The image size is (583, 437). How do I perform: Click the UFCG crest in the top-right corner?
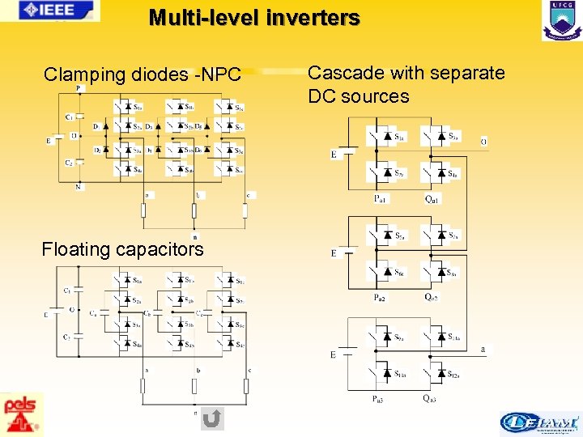pyautogui.click(x=561, y=20)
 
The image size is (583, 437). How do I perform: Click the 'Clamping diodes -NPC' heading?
pyautogui.click(x=143, y=75)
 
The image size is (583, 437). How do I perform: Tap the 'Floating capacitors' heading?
pyautogui.click(x=122, y=249)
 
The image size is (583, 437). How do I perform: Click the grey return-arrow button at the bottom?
pyautogui.click(x=211, y=418)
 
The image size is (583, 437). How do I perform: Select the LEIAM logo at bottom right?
pyautogui.click(x=539, y=422)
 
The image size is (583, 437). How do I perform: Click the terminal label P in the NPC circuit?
pyautogui.click(x=78, y=88)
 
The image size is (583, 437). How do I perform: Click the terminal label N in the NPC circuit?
pyautogui.click(x=78, y=186)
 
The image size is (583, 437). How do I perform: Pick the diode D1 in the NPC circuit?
pyautogui.click(x=96, y=126)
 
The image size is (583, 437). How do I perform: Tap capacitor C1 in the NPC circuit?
pyautogui.click(x=70, y=117)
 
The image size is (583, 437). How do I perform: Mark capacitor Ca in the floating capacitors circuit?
pyautogui.click(x=94, y=313)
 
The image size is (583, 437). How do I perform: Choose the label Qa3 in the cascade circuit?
pyautogui.click(x=430, y=399)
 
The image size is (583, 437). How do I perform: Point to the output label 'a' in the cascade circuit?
pyautogui.click(x=483, y=350)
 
